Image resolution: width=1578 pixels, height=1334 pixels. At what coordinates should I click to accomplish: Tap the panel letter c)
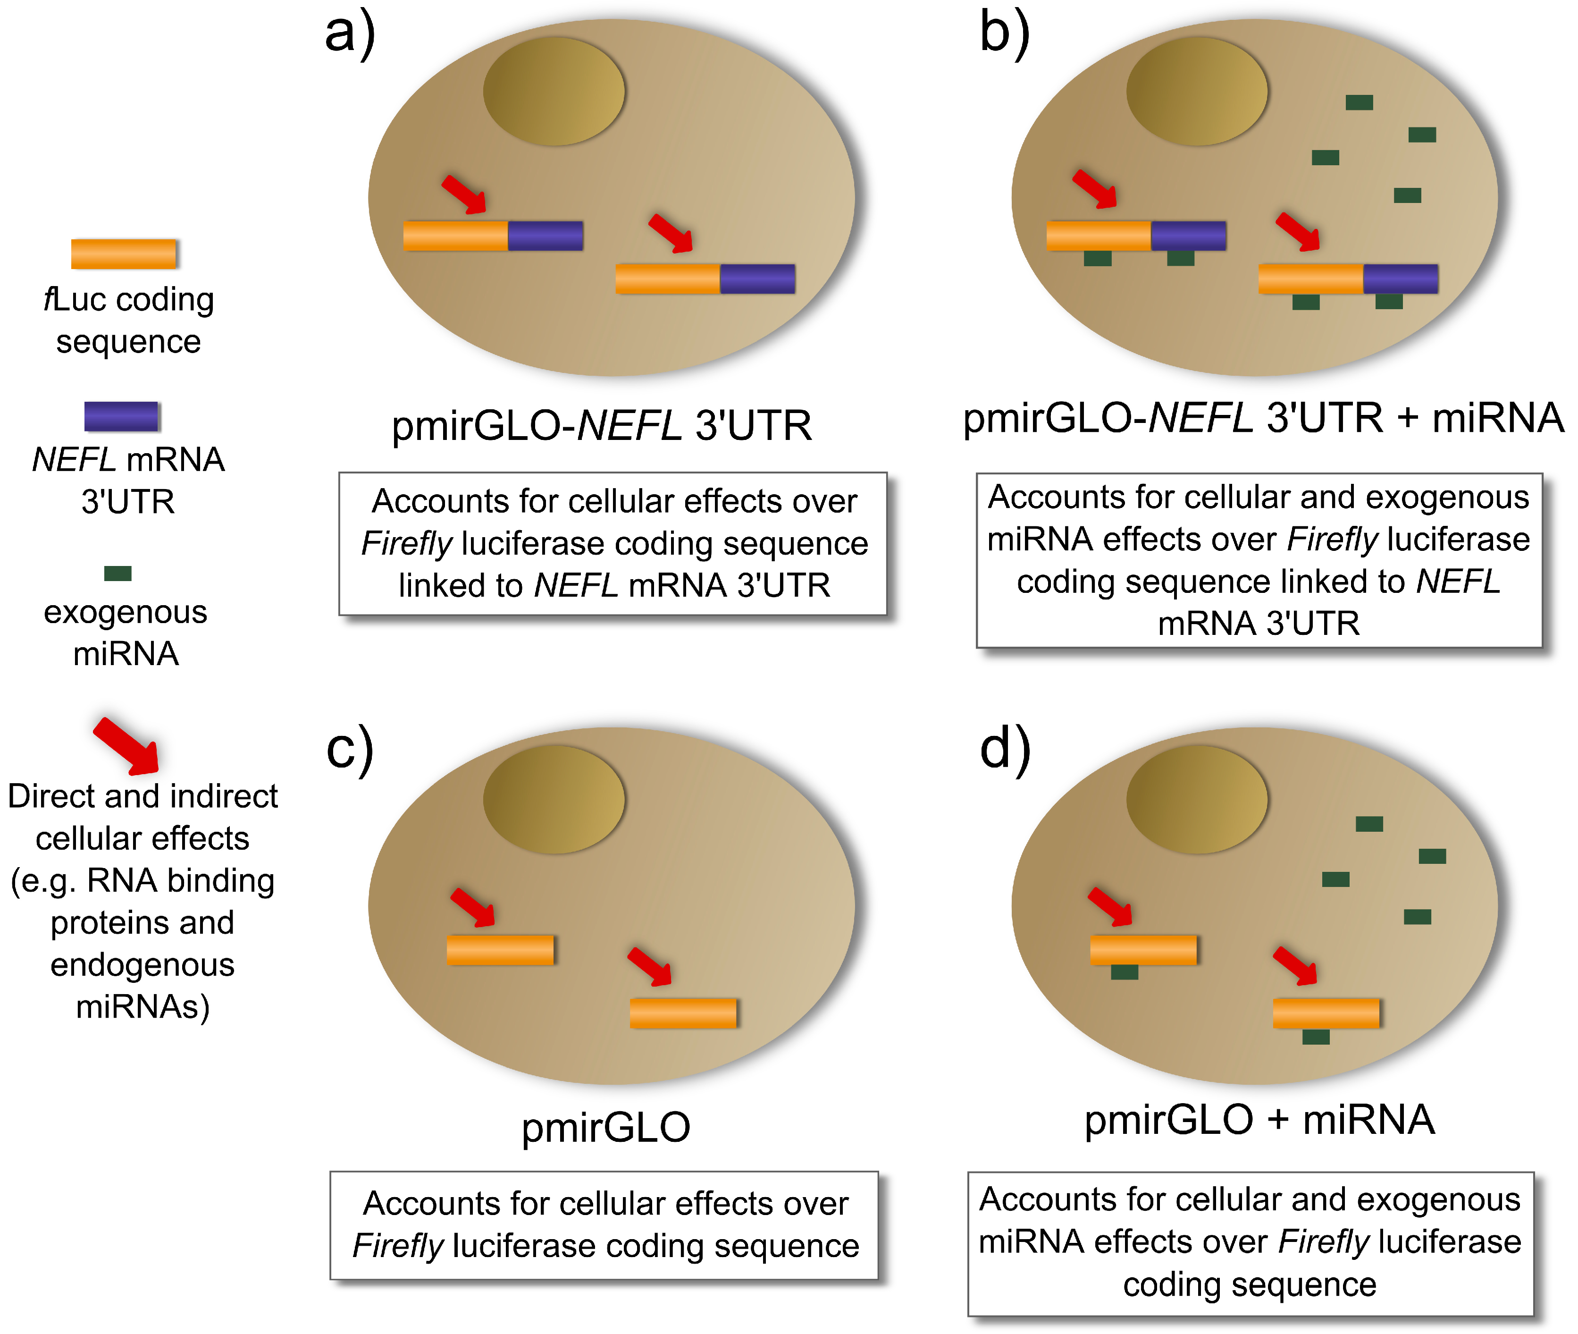pos(349,750)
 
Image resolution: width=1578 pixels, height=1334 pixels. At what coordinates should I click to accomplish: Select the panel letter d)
pos(1004,750)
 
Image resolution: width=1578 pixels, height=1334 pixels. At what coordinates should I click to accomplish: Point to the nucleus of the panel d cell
pos(1196,799)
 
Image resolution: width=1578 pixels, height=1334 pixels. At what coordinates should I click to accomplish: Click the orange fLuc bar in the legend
pos(123,254)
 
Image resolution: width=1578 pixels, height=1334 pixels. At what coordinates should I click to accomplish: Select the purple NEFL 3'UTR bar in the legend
pos(121,416)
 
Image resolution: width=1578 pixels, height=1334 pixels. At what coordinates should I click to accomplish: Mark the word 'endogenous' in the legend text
pos(142,965)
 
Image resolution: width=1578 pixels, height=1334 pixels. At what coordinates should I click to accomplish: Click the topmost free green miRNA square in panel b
pos(1359,102)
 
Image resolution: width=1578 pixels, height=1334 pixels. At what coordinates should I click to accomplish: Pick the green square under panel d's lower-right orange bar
pos(1316,1037)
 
